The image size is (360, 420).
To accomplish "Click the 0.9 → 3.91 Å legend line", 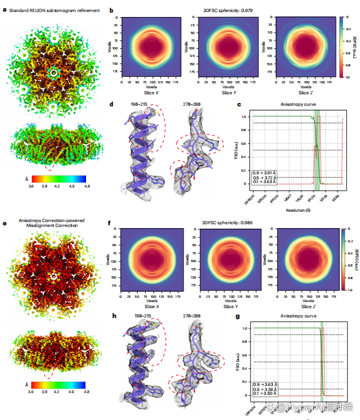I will pos(267,173).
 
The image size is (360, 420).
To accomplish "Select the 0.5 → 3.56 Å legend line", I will pos(267,388).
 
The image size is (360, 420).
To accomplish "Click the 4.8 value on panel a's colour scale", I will pos(86,186).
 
